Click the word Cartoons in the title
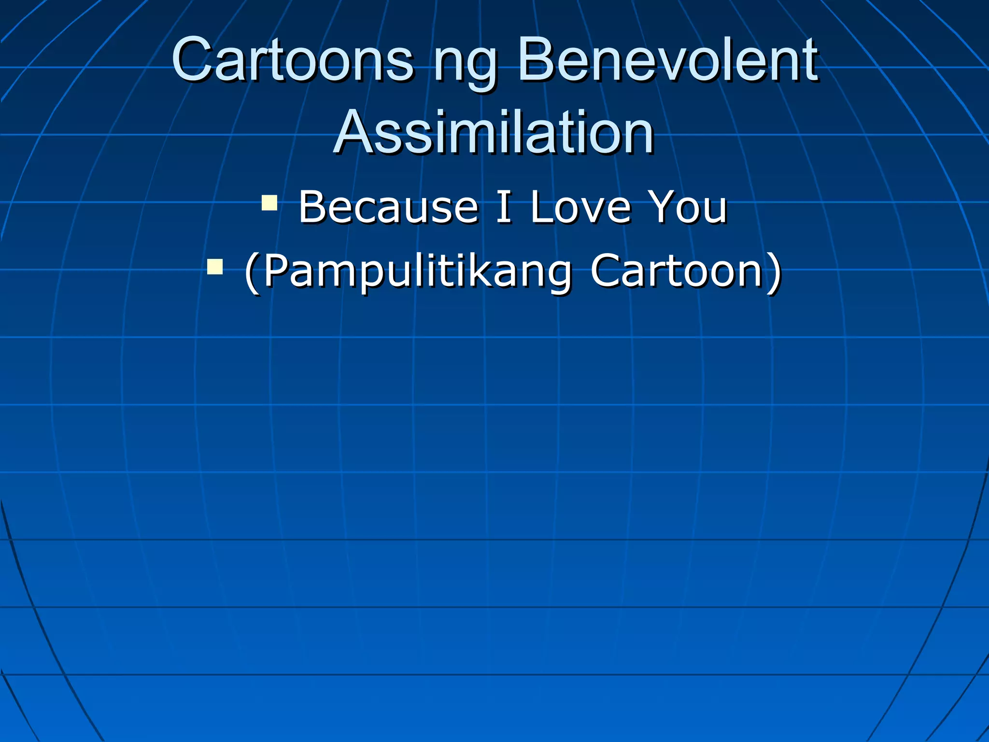click(293, 60)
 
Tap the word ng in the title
click(465, 65)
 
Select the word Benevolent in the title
click(667, 60)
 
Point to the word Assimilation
click(494, 132)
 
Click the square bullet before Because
click(269, 203)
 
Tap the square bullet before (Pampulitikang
click(215, 266)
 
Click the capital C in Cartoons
click(193, 60)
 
